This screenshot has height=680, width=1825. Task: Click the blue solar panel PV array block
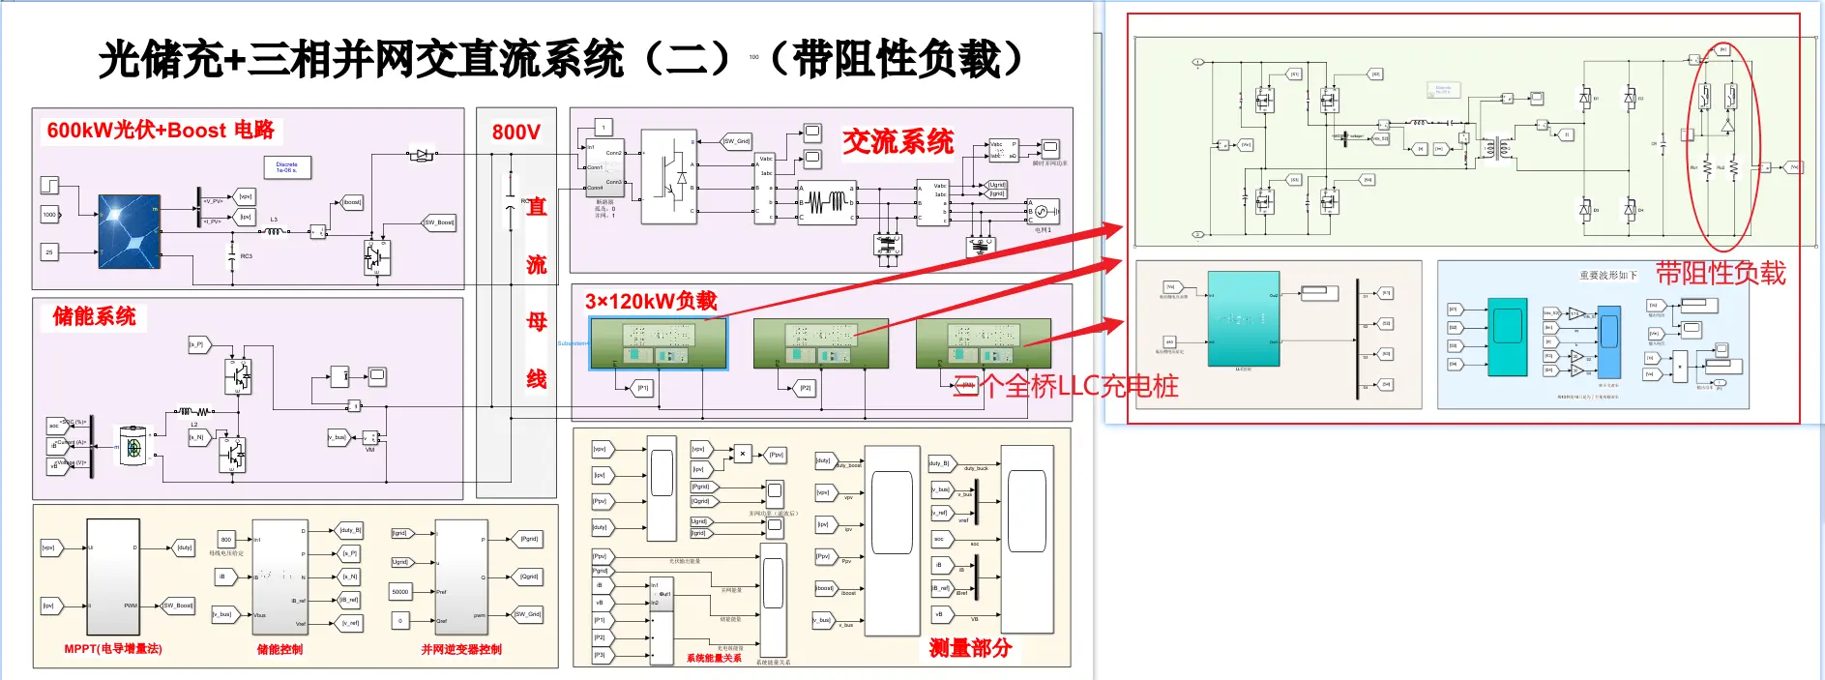pos(129,231)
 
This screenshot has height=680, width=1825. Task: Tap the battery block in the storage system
pos(133,447)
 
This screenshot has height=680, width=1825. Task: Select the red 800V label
pos(515,132)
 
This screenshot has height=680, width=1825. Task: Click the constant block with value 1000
pos(49,215)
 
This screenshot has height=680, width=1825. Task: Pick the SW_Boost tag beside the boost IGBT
pos(439,222)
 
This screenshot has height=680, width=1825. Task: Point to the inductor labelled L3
pos(275,230)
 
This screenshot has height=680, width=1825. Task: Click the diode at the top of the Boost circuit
pos(422,154)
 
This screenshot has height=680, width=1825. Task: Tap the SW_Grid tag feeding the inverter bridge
pos(736,141)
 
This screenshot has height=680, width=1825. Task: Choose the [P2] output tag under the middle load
pos(806,388)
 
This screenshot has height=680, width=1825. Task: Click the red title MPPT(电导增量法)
pos(113,649)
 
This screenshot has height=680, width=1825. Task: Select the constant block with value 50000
pos(400,591)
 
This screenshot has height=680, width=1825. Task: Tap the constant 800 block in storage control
pos(226,540)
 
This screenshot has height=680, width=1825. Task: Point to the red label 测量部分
pos(969,648)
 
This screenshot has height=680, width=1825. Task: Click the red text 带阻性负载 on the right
pos(1721,274)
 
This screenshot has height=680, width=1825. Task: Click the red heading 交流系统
pos(898,142)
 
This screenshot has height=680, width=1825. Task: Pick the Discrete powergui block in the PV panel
pos(287,168)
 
